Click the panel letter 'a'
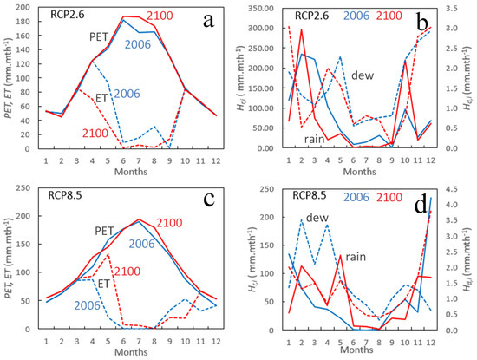(208, 21)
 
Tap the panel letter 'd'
(421, 206)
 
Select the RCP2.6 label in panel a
(68, 15)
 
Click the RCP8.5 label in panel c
(65, 195)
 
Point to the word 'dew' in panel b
(363, 75)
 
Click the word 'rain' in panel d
(356, 257)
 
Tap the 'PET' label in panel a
(99, 36)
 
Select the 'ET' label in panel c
(103, 284)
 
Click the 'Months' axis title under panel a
(131, 172)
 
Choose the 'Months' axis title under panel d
(356, 350)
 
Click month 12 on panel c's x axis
(216, 341)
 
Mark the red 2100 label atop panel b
(389, 16)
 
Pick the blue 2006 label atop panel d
(356, 197)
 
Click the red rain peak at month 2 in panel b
(302, 29)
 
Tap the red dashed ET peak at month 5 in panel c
(108, 254)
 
